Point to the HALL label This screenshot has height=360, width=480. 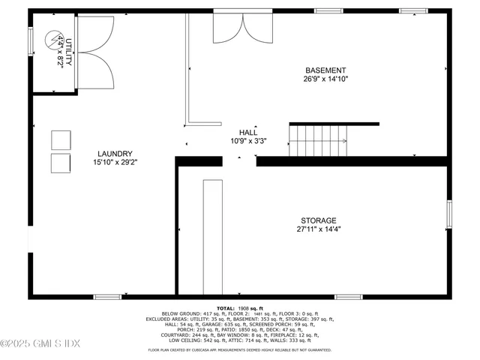(x=248, y=131)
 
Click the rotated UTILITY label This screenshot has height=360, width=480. (x=68, y=52)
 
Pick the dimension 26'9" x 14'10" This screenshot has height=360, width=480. (x=325, y=78)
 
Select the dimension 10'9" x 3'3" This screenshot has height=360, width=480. (x=248, y=140)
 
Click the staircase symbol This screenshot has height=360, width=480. (x=319, y=141)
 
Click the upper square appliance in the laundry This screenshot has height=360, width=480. (x=61, y=139)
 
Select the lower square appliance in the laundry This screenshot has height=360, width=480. (x=61, y=163)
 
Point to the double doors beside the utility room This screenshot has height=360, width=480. (x=95, y=52)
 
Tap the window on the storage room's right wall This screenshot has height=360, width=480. (x=448, y=214)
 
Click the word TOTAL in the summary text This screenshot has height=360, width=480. (x=226, y=308)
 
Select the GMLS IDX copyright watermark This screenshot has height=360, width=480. (x=40, y=344)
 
